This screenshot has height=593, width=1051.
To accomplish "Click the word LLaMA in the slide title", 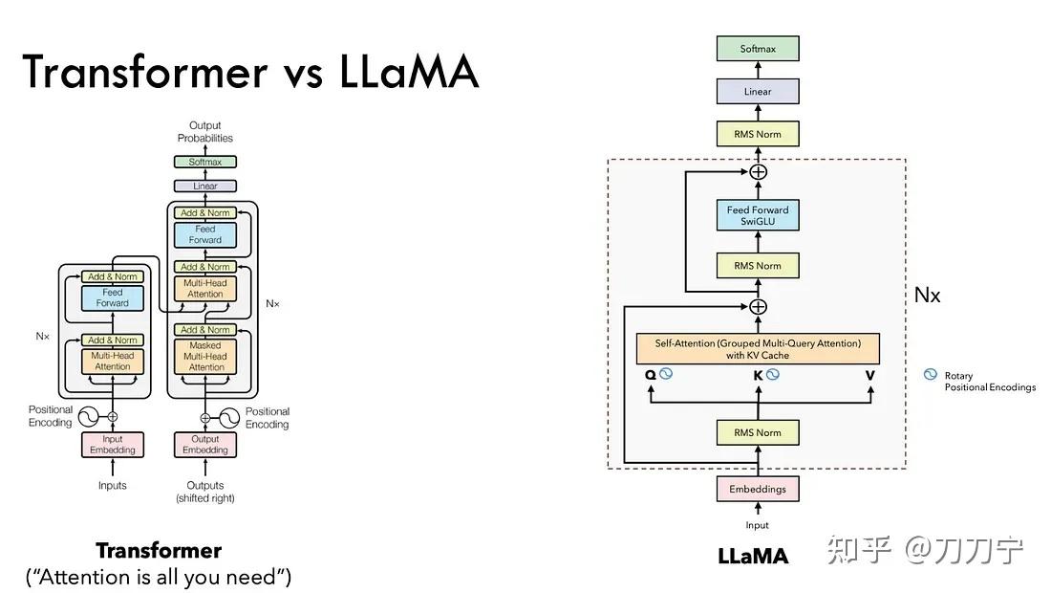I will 409,72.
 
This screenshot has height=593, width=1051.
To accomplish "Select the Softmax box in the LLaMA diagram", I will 757,49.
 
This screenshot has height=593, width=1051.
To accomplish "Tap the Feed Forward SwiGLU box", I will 757,215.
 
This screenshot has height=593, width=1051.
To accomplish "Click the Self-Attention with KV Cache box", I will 757,349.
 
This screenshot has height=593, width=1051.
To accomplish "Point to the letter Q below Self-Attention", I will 651,375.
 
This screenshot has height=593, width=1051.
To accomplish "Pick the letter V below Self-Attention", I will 869,375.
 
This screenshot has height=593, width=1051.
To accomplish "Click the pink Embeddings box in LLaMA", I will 757,489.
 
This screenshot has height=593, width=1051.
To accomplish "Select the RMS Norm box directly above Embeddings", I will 757,432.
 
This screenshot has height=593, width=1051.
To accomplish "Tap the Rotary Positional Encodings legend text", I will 989,382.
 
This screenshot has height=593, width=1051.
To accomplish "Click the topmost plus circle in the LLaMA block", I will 758,172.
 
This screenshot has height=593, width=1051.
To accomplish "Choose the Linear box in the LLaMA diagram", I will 757,92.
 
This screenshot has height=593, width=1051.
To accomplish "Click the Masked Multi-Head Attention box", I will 206,356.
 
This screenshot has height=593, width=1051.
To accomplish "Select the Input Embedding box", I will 113,445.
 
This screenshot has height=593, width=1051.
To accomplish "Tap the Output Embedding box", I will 205,445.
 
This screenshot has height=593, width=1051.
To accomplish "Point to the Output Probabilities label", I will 204,132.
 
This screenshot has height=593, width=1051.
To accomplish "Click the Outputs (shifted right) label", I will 205,492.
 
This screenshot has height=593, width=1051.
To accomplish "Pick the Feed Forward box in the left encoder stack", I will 112,297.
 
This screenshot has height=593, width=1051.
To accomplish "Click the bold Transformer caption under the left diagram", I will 159,551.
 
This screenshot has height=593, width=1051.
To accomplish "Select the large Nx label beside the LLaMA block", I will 927,295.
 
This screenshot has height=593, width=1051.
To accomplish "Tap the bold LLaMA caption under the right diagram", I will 753,556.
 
